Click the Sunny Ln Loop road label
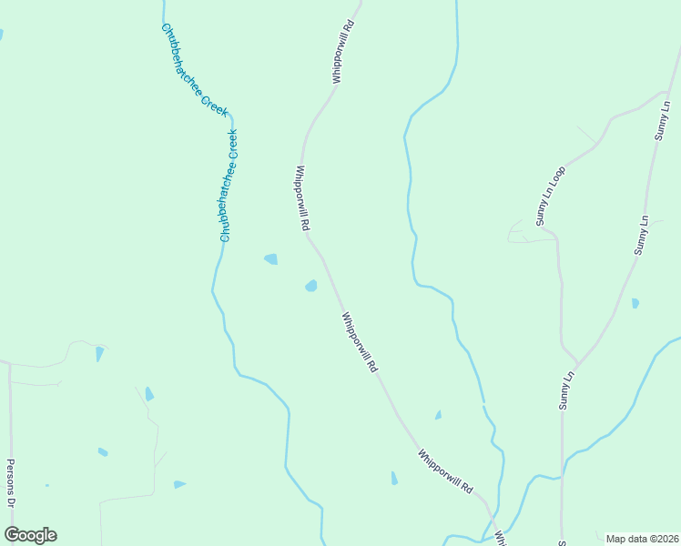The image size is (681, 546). (550, 196)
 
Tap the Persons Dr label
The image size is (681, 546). (12, 481)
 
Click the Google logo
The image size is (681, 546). (30, 535)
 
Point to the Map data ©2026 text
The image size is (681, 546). (642, 539)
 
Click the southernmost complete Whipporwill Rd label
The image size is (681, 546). (446, 471)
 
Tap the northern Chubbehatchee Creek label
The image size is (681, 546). (194, 68)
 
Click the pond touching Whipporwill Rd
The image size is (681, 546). (311, 286)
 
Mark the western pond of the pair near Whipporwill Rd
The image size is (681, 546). (270, 259)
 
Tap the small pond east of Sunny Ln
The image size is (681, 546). (635, 303)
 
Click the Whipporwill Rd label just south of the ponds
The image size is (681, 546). (360, 343)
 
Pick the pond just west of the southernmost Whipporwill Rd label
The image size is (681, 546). (394, 478)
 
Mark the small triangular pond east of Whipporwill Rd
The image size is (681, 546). (438, 415)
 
